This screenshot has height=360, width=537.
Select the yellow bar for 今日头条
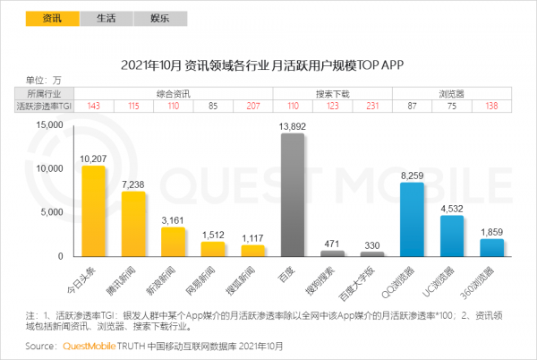coord(93,211)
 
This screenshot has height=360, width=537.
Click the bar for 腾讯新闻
coord(133,224)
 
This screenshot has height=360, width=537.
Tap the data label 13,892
coord(293,126)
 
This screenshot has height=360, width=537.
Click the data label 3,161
coord(174,219)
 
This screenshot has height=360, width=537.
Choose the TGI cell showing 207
coord(252,107)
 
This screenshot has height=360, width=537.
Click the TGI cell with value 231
coord(371,107)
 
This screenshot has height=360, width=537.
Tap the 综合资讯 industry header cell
coord(172,93)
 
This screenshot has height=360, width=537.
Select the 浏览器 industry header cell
coord(451,93)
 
